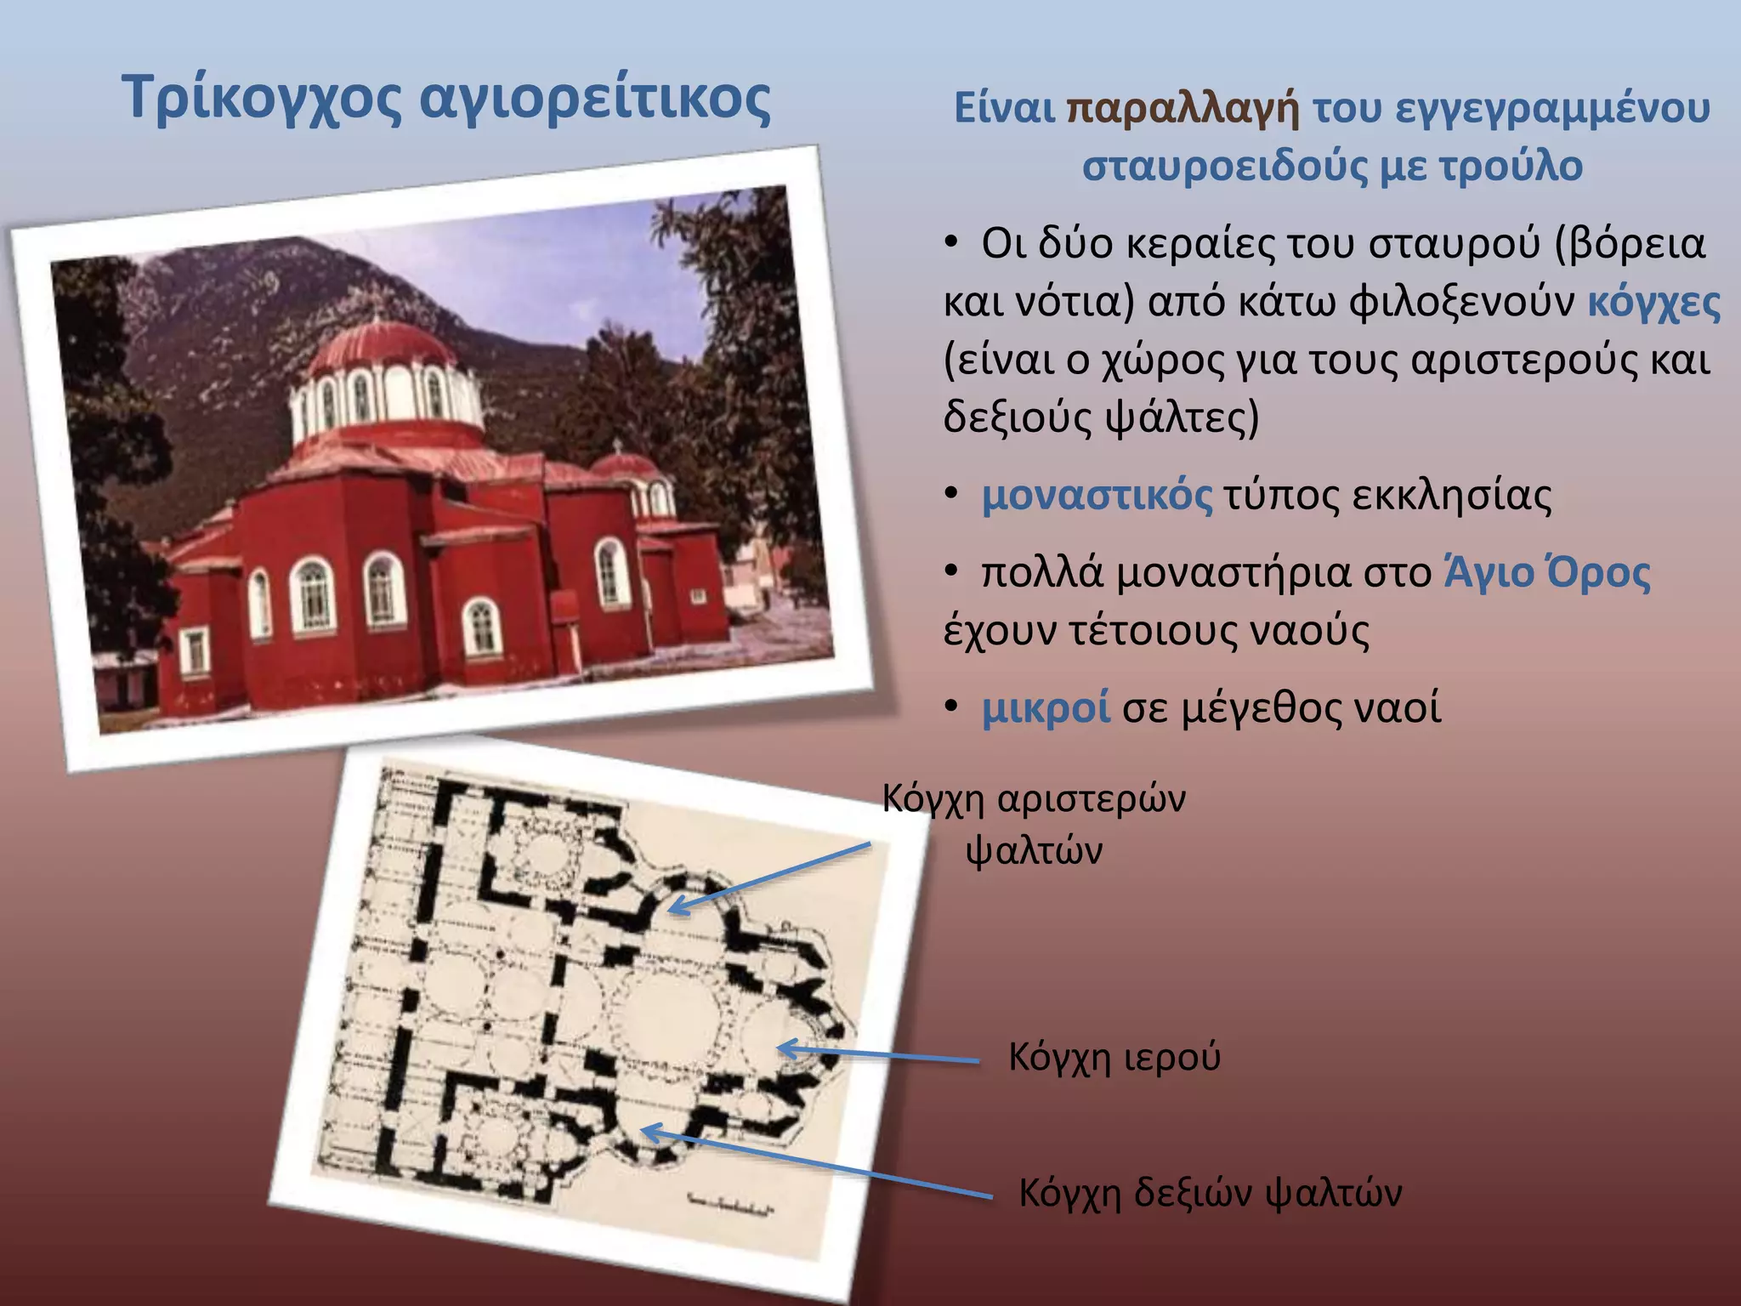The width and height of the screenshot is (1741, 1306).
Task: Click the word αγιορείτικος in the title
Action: pos(595,99)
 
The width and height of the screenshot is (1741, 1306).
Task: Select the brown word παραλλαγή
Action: pos(1182,109)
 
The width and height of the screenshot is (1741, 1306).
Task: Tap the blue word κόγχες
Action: pos(1653,302)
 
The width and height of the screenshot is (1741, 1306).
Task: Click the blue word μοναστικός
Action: pos(1097,496)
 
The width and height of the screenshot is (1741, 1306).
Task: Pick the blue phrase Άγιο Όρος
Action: pos(1547,572)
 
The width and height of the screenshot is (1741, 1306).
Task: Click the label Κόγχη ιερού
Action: pos(1114,1057)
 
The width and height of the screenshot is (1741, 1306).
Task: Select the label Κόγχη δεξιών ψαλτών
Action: pos(1210,1192)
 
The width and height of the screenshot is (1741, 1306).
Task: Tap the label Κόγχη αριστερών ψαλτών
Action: pos(1034,823)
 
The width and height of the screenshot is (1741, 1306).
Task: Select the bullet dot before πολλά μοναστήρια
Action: pos(952,571)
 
